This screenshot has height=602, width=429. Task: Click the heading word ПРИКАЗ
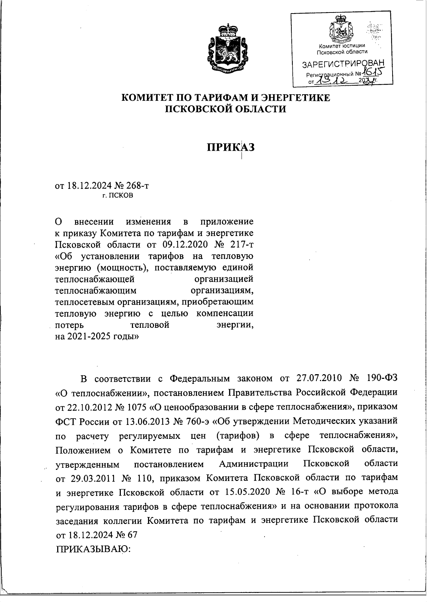pyautogui.click(x=231, y=147)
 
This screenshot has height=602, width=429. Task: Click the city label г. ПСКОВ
pyautogui.click(x=118, y=196)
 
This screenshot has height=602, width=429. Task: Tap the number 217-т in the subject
pyautogui.click(x=240, y=245)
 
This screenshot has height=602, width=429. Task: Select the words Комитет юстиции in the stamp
pyautogui.click(x=342, y=46)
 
